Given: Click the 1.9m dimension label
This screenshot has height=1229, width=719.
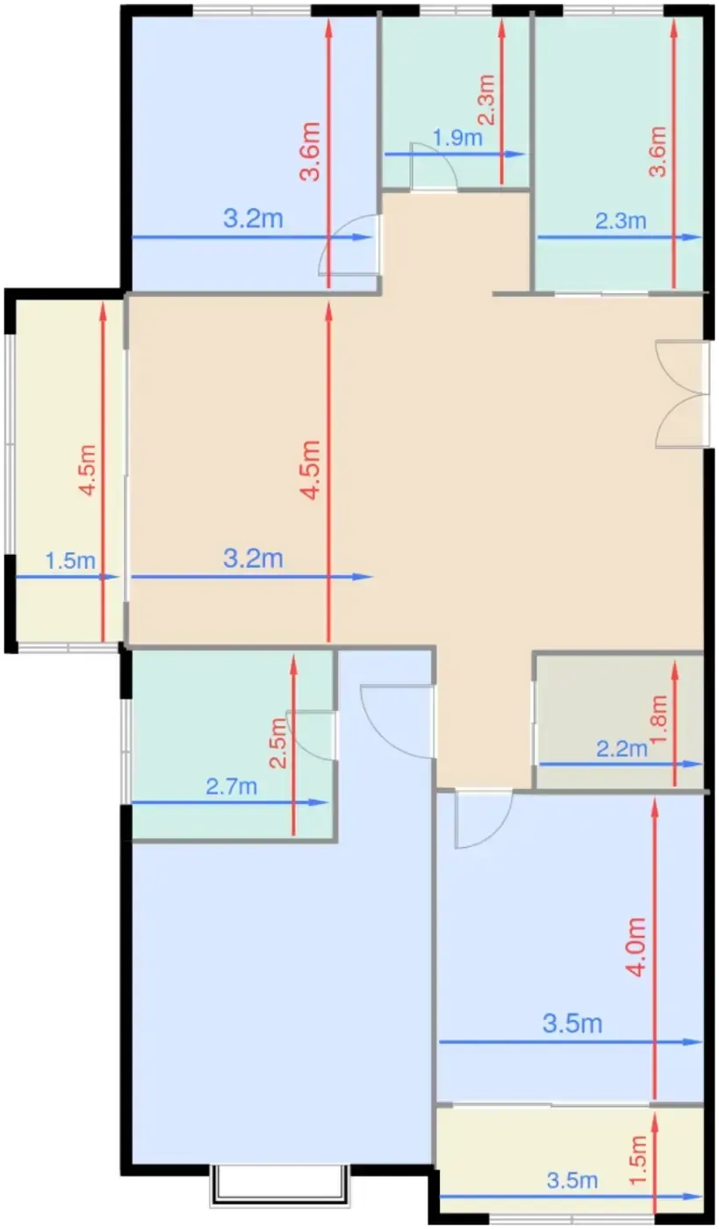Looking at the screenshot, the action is click(457, 138).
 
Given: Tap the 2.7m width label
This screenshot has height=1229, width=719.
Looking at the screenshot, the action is click(232, 787).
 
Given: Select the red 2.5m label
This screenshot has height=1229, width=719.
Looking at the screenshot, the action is click(278, 744).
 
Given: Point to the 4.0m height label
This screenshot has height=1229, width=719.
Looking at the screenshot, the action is click(637, 947).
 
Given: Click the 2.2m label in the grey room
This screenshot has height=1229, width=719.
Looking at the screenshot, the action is click(622, 749).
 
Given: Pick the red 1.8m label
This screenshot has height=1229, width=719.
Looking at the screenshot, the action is click(658, 718).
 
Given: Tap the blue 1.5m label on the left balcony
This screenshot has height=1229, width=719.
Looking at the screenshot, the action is click(70, 561).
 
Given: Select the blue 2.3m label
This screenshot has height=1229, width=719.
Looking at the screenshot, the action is click(621, 221).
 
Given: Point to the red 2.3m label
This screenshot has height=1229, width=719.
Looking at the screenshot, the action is click(487, 99).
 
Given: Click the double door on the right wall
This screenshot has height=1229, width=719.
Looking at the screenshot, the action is click(680, 394).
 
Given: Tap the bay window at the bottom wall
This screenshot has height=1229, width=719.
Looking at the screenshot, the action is click(280, 1185).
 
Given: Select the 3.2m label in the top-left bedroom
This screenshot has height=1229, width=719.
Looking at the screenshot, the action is click(254, 219).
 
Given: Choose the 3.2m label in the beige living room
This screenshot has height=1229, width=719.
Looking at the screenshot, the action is click(254, 558).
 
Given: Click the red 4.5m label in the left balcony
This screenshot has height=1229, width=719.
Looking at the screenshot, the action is click(88, 471).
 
